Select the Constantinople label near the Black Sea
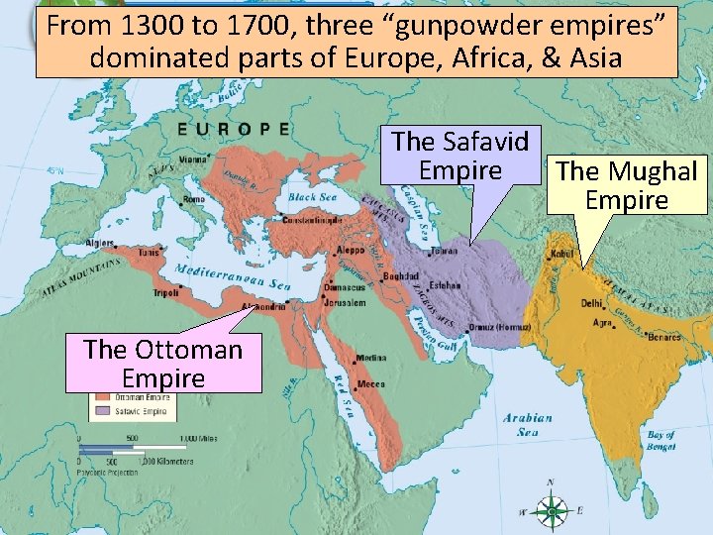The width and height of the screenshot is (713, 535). pyautogui.click(x=312, y=219)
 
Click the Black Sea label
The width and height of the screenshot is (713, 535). pyautogui.click(x=314, y=197)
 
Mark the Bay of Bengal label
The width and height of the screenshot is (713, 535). pyautogui.click(x=660, y=441)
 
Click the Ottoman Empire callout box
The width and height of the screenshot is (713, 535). pyautogui.click(x=163, y=363)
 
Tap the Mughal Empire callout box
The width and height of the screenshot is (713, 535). pyautogui.click(x=626, y=185)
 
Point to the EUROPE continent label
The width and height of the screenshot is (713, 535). pyautogui.click(x=234, y=128)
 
